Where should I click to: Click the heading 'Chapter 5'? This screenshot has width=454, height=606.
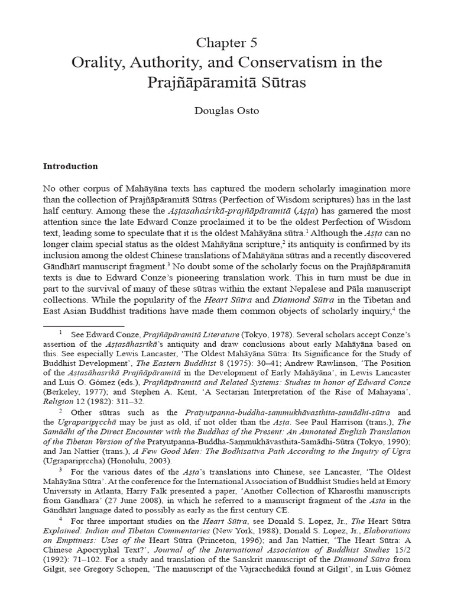pos(227,43)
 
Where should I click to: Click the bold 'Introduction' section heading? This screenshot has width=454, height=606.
pos(70,167)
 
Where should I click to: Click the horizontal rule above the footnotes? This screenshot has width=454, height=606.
pos(84,325)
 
